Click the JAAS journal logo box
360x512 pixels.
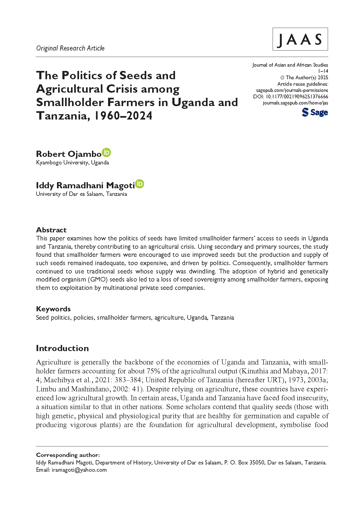300,39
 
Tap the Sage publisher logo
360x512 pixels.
315,112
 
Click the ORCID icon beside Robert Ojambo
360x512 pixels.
106,153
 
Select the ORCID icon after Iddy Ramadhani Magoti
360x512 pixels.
140,184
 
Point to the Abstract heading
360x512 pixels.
51,230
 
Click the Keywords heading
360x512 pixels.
53,309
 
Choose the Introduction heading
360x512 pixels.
62,348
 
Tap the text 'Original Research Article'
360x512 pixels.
70,48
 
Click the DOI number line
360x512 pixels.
291,97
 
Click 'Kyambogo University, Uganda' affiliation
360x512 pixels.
72,163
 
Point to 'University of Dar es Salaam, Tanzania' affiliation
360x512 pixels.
81,194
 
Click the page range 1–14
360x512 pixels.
323,71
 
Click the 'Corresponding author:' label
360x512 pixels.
68,455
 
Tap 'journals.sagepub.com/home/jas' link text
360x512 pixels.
295,103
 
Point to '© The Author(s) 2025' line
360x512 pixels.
304,78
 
